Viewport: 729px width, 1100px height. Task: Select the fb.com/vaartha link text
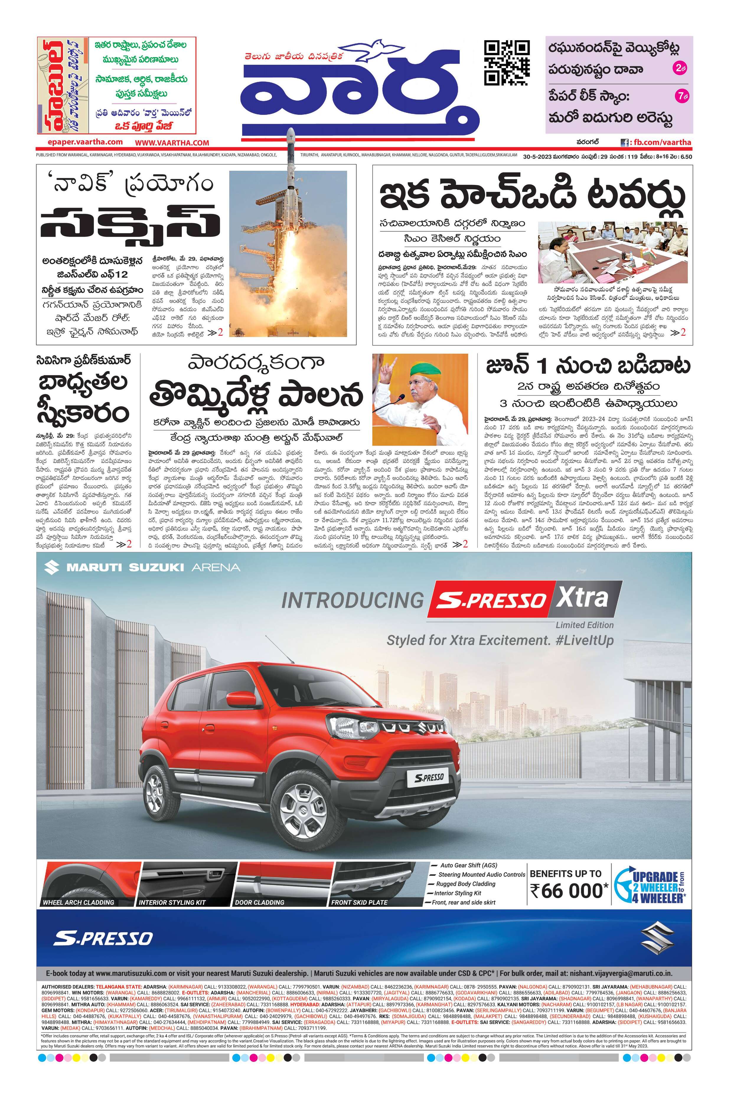click(x=661, y=142)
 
